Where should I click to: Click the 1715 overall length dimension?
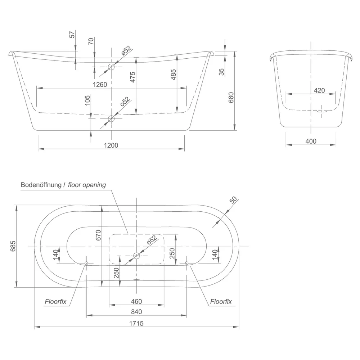pos(136,323)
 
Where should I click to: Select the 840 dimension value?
pos(136,312)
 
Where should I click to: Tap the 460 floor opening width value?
pos(136,301)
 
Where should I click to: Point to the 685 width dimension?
pos(13,246)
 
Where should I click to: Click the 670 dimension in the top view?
pos(98,235)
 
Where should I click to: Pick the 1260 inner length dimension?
pos(100,85)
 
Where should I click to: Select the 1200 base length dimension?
pos(111,145)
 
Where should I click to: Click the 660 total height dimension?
pos(231,97)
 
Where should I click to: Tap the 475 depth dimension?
pos(133,77)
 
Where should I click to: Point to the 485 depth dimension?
pos(174,75)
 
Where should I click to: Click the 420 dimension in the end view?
pos(319,90)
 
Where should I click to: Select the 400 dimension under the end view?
pos(311,141)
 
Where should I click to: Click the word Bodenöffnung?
pos(41,185)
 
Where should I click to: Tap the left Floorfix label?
pos(55,301)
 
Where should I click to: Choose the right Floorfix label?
pos(221,301)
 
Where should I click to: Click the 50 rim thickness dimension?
pos(233,200)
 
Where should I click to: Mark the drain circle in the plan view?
pos(136,256)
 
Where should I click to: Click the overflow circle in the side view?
pos(111,67)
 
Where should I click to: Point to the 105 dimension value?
pos(87,100)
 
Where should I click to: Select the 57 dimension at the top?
pos(72,35)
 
